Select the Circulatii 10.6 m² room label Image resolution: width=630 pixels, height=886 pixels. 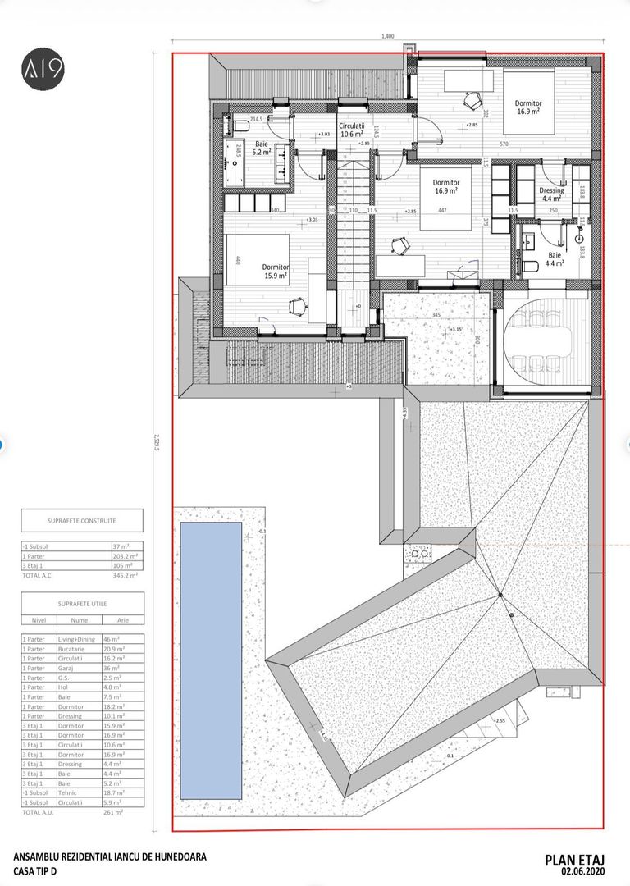pos(352,130)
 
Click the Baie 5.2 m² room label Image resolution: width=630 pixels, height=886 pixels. pos(262,147)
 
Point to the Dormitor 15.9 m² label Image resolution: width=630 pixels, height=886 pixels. pos(276,272)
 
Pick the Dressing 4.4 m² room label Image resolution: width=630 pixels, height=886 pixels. pos(551,194)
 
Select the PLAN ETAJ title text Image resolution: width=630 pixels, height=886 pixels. pos(579,859)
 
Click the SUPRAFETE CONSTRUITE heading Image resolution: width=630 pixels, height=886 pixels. pos(82,520)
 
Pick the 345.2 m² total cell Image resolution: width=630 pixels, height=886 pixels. pos(126,577)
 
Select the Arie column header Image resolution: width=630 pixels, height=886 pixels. pos(123,621)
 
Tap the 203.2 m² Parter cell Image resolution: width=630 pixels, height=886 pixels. pos(126,555)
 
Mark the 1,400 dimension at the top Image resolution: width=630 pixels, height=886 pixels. pos(388,36)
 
